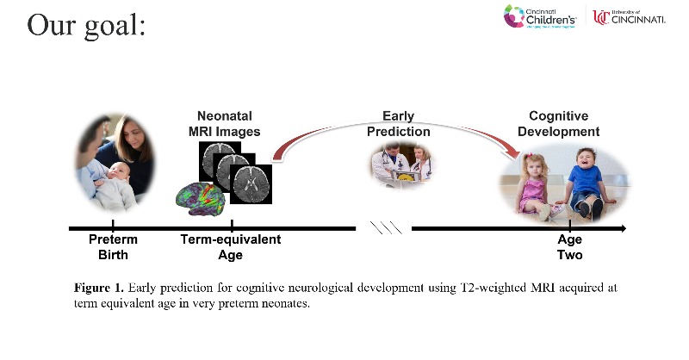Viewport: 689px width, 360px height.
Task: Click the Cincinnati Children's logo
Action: (x=542, y=16)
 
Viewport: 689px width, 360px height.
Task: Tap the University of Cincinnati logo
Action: (x=629, y=16)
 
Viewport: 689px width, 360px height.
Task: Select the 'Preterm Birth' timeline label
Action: (x=113, y=247)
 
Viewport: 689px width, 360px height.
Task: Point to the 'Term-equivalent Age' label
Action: (x=230, y=247)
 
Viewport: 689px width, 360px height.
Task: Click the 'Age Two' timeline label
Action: (x=570, y=247)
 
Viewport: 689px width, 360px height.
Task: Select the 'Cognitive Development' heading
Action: (x=564, y=124)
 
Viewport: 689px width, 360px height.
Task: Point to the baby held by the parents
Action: (x=112, y=185)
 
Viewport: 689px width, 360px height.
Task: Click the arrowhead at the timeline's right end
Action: (x=622, y=228)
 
